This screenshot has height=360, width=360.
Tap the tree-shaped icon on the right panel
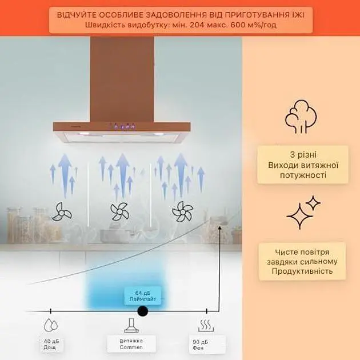301,117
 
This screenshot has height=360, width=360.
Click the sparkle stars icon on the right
302,213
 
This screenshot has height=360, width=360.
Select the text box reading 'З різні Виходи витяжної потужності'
302,165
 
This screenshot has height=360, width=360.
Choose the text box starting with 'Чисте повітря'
302,261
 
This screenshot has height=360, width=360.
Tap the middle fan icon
120,212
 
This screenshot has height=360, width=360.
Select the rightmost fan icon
183,211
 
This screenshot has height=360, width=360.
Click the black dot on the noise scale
143,311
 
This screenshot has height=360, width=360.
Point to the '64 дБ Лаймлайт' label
143,296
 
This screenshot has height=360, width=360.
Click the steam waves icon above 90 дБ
205,326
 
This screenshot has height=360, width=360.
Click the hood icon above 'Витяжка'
131,326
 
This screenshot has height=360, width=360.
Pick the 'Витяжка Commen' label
131,344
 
